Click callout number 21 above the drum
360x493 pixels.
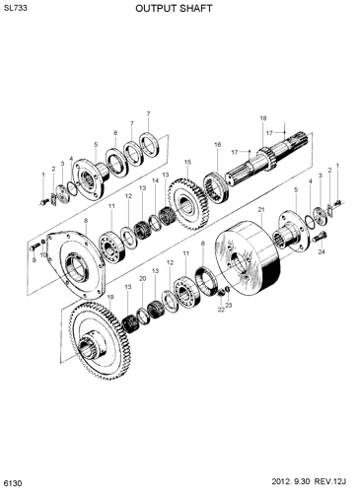[261, 211]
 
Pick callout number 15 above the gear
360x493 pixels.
[186, 162]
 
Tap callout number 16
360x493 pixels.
[217, 145]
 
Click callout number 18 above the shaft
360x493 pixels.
[263, 118]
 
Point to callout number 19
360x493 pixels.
[109, 296]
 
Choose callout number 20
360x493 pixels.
[142, 279]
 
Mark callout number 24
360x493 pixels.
[322, 251]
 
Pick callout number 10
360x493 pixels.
[44, 255]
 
